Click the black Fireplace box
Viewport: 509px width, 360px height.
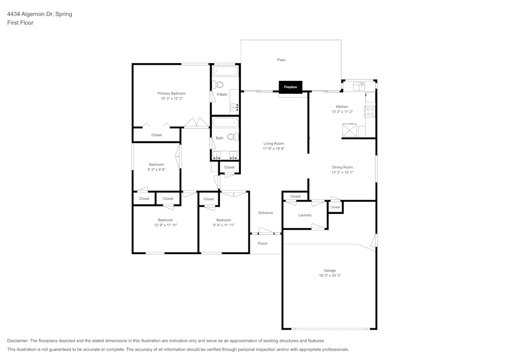tap(290, 87)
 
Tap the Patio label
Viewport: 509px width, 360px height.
tap(281, 60)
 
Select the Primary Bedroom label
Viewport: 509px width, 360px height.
tap(172, 94)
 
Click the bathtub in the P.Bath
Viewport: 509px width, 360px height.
tap(224, 71)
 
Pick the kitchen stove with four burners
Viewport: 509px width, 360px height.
tap(371, 112)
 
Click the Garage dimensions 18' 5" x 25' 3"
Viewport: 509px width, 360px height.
tap(329, 275)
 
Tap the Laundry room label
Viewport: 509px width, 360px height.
tap(305, 215)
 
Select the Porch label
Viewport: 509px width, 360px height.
tap(263, 243)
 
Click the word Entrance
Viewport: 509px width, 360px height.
tap(266, 213)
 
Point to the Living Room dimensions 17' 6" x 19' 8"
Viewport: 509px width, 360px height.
tap(273, 149)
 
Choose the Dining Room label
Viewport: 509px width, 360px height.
tap(342, 167)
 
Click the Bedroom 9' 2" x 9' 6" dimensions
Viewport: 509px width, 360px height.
tap(156, 170)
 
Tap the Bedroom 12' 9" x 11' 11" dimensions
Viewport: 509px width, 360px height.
tap(165, 225)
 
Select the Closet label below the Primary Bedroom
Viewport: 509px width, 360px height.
tap(156, 135)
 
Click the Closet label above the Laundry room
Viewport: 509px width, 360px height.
tap(295, 197)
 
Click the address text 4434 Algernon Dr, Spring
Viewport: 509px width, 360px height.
tap(39, 14)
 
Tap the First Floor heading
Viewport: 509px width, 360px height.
tap(20, 23)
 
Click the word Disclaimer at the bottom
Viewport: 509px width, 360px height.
tap(18, 341)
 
